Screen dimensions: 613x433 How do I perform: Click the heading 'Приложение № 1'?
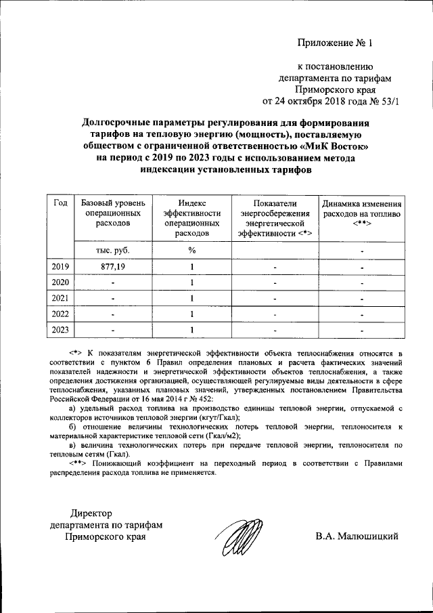(335, 44)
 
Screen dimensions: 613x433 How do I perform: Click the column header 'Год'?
(60, 203)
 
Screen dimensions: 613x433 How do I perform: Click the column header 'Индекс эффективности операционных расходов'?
(192, 217)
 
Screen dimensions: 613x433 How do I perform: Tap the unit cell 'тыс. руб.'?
(112, 249)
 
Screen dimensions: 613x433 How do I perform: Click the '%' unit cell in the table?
(192, 249)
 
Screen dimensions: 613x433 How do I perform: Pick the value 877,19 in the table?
(112, 266)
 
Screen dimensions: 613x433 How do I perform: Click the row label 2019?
(60, 266)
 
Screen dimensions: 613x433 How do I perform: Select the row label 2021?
(60, 297)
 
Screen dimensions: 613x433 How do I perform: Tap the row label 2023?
(60, 329)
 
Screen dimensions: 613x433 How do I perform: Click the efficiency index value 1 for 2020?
(192, 282)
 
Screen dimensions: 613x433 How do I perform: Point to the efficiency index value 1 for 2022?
(192, 314)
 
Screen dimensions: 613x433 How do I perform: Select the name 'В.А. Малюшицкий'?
(356, 536)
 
